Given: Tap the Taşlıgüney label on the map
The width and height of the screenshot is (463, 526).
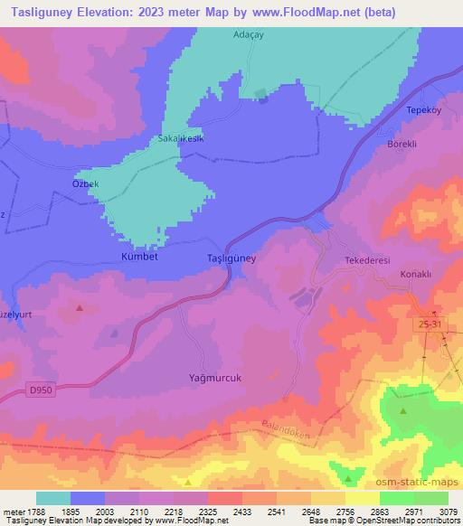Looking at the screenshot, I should point(226,258).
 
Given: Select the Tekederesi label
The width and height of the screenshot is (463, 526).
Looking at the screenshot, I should point(367,260).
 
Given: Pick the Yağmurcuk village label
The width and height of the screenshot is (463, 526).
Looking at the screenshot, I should point(215,378).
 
